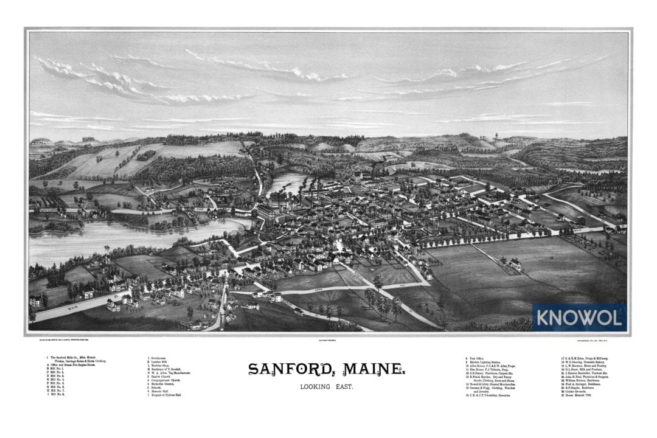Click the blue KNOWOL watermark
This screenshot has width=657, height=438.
pos(578,318)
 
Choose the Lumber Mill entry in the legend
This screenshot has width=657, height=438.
pos(162,362)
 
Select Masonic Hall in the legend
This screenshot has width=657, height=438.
pos(162,391)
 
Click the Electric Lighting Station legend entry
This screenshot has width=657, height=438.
pos(488,362)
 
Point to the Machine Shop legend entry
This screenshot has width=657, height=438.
pos(162,366)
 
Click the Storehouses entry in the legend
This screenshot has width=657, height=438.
pos(161,358)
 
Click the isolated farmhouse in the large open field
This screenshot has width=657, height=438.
pos(516,265)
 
